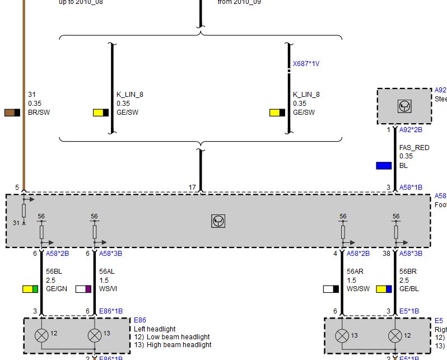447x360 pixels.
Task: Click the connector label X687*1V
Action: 306,64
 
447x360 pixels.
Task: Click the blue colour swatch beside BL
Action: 384,166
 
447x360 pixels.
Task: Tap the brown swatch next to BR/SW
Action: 13,113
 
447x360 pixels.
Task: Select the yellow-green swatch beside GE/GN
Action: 30,289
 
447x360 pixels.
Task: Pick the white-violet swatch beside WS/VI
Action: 83,289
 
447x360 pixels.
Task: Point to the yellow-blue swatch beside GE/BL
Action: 384,289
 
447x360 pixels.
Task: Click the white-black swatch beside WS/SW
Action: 331,289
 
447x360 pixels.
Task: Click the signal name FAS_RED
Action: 414,148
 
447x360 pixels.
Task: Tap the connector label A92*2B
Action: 411,130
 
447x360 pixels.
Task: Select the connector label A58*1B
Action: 411,188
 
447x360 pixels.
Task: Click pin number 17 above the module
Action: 192,188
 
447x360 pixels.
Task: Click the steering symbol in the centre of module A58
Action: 218,221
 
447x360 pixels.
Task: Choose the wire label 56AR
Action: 355,271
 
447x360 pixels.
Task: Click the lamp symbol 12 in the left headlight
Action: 41,335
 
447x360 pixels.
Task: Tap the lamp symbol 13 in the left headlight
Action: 94,335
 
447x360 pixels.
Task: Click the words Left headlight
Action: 155,329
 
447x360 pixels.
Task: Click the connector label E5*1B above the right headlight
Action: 409,311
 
